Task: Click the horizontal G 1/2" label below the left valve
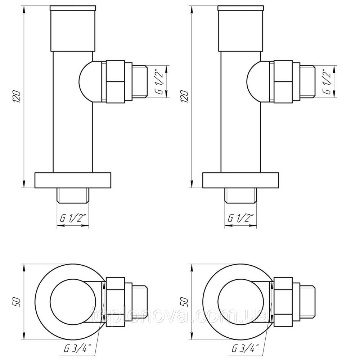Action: click(x=72, y=218)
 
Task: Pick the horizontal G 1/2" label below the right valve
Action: click(x=240, y=218)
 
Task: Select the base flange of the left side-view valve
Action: click(x=73, y=180)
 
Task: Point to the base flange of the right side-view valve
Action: click(x=241, y=180)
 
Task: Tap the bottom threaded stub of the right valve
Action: click(x=240, y=195)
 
